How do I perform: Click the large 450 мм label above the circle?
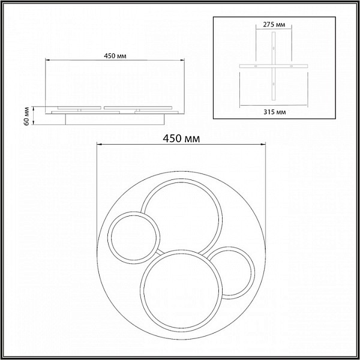[181, 139]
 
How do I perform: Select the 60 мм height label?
[26, 116]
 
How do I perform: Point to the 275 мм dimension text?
[274, 25]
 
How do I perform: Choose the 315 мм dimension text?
[275, 112]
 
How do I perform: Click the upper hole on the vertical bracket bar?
[274, 48]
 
